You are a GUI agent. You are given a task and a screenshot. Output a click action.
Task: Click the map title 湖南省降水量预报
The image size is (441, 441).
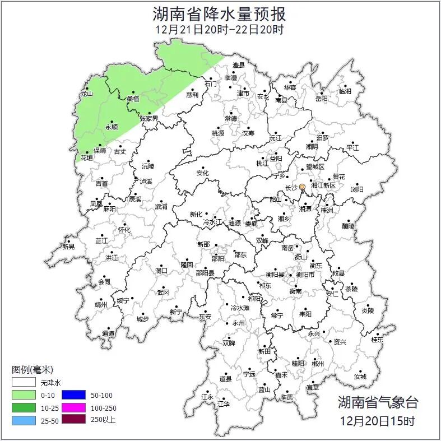pos(220,13)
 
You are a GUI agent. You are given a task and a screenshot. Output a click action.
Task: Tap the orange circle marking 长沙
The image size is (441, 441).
pos(303,187)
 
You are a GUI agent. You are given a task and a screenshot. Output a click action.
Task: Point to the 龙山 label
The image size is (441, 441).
pos(86,94)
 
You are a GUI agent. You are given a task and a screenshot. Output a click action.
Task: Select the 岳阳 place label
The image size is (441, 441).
pos(322,99)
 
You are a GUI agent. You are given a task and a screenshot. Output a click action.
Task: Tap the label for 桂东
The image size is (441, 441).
pos(378,339)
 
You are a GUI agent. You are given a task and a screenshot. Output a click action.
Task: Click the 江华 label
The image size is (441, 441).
pos(224,403)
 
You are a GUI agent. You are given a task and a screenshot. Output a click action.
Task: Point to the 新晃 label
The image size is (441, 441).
pos(68,246)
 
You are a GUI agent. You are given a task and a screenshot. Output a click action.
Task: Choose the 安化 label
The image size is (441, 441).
pos(202,173)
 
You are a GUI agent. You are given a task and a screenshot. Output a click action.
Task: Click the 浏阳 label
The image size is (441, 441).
pos(357,189)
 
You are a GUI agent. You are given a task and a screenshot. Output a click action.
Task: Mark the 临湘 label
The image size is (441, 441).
pos(345,91)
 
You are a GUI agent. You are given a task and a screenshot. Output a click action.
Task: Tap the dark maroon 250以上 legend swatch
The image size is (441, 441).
pos(73,420)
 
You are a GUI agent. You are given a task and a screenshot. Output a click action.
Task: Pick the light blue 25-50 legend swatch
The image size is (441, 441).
pos(24,420)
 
